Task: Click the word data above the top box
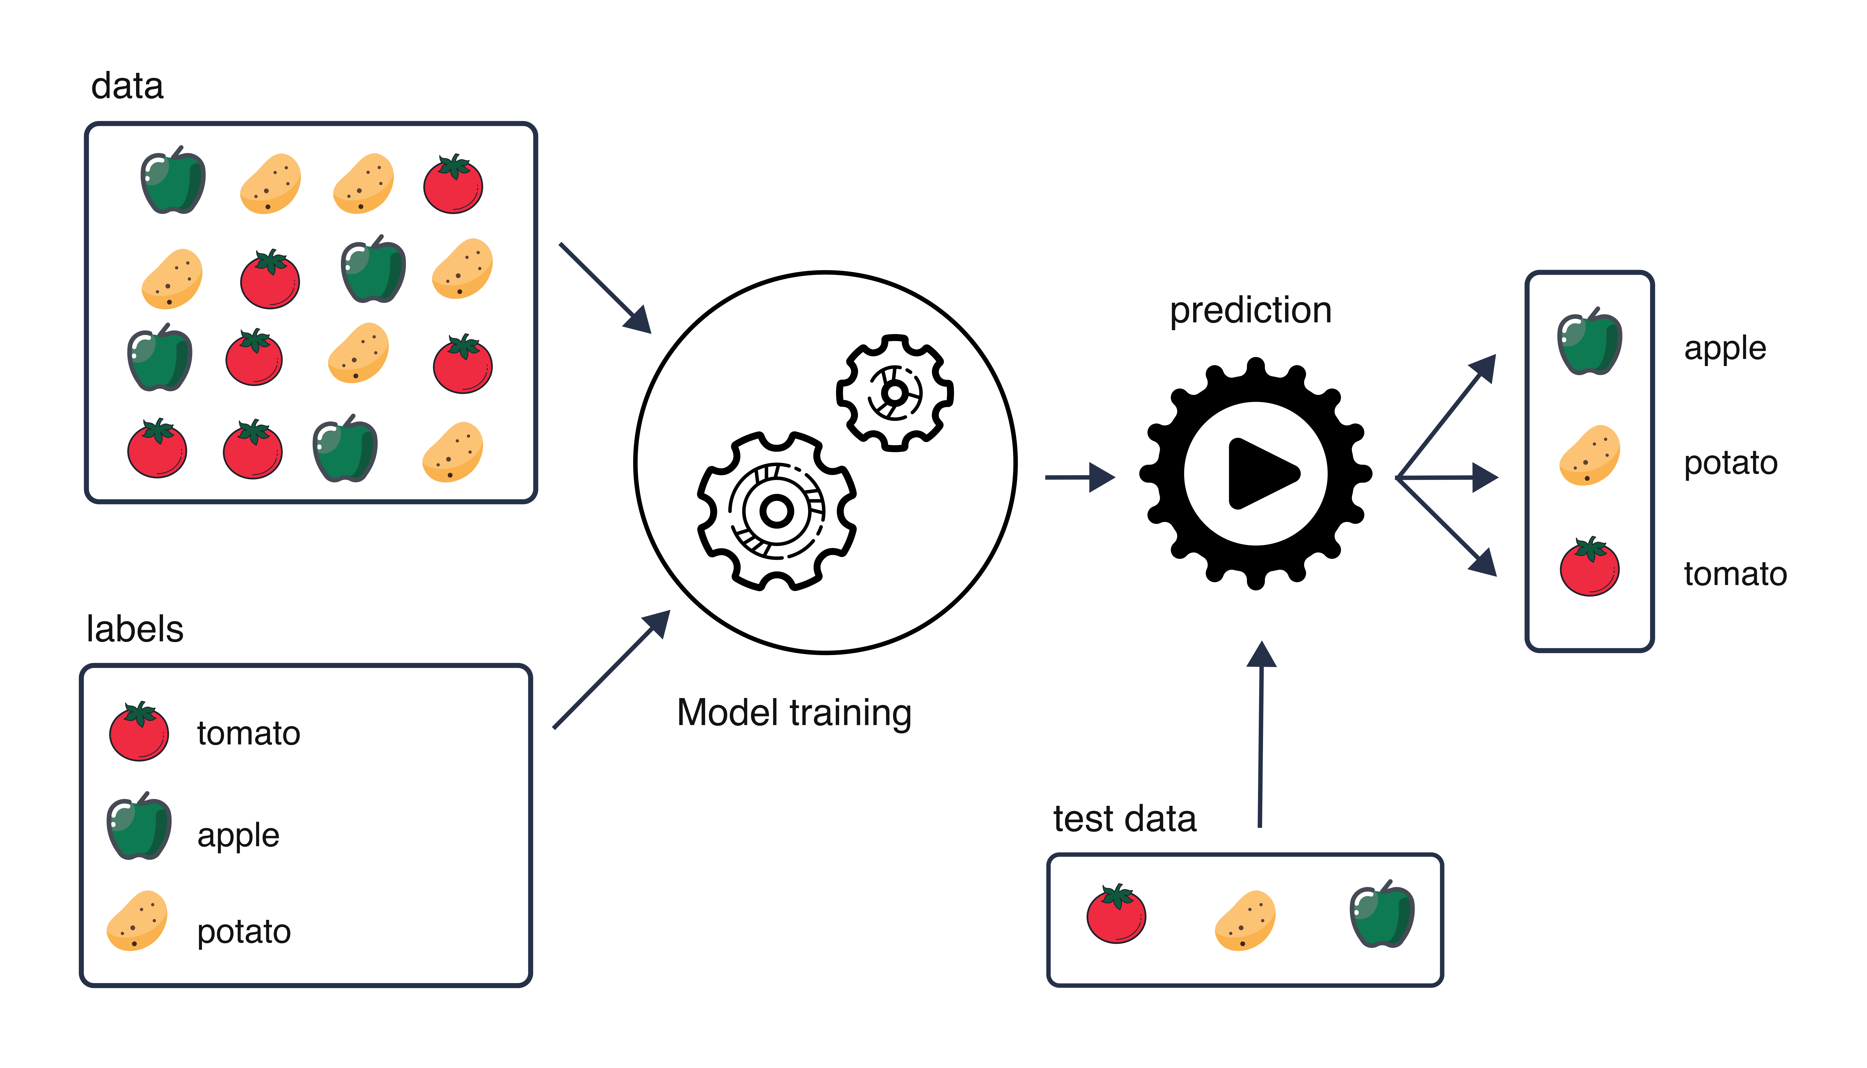coord(127,87)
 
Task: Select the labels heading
coord(135,629)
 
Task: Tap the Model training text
coord(794,713)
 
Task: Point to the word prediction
coord(1250,310)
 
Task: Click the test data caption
coord(1125,819)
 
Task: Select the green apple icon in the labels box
coord(139,827)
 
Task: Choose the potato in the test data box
coord(1245,921)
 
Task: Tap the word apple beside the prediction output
coord(1725,348)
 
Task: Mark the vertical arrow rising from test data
coord(1261,734)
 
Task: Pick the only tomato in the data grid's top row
coord(453,184)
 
